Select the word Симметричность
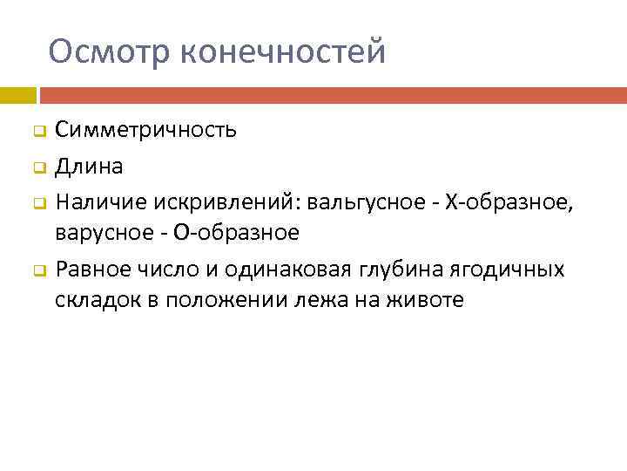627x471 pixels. (x=145, y=131)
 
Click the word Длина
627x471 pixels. (x=89, y=165)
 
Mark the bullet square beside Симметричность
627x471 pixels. (x=38, y=133)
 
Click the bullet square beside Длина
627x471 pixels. (x=38, y=167)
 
